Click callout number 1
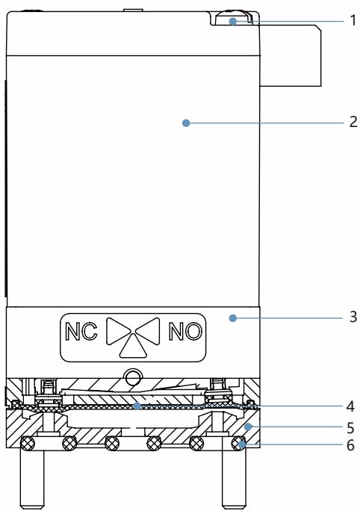(353, 21)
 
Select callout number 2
(353, 122)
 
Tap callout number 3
(353, 317)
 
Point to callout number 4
(350, 406)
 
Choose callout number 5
(350, 427)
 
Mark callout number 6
(350, 445)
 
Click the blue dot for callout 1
(232, 22)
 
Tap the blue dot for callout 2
(186, 123)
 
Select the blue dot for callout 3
(232, 318)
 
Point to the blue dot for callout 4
(137, 406)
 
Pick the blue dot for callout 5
(248, 427)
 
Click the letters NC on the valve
(81, 332)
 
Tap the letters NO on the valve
(185, 332)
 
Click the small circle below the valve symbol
(133, 377)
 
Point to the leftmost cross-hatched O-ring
(28, 443)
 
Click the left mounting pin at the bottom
(32, 478)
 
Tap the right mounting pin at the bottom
(234, 478)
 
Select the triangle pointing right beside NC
(119, 331)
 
